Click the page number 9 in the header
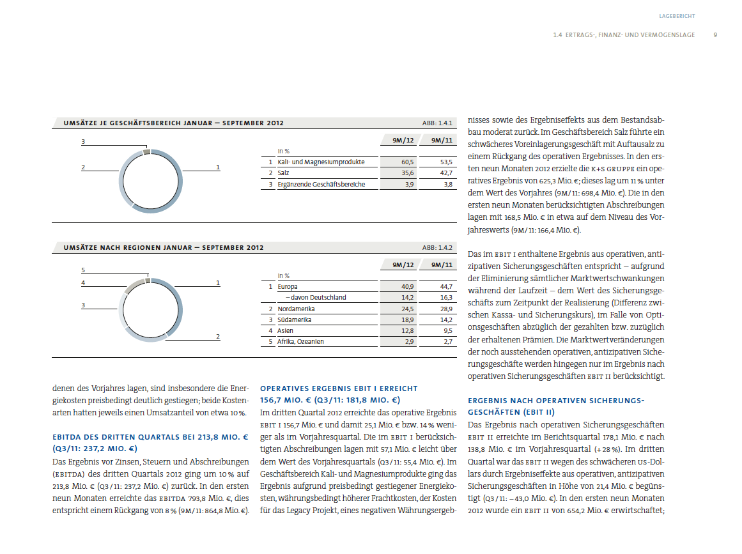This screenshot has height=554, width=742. (715, 35)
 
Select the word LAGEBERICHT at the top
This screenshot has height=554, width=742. (677, 15)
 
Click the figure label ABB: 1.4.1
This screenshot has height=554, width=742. (437, 123)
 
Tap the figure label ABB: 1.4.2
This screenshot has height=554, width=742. (437, 247)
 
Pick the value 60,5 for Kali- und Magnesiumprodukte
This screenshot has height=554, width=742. (408, 162)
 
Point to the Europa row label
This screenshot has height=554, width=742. (288, 287)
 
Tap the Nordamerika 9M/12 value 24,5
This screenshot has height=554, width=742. (408, 309)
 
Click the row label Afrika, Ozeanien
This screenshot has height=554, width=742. (300, 342)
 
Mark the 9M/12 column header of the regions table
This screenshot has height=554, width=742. (403, 265)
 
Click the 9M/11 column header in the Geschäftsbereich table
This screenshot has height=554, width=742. (442, 140)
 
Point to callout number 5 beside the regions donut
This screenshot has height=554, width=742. (83, 271)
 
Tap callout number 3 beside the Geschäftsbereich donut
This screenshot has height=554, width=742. (83, 141)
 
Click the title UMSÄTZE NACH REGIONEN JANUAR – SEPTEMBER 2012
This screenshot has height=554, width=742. (163, 247)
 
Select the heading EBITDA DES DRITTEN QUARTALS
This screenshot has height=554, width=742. (150, 438)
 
